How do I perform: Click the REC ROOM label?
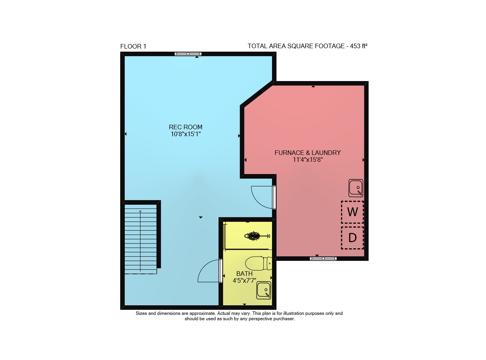[x=185, y=127]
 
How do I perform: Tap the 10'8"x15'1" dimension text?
[x=186, y=134]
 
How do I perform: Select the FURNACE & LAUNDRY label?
[x=308, y=153]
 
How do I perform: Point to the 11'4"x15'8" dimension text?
[x=308, y=160]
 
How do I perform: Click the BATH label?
[x=244, y=274]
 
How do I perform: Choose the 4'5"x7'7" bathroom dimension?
[x=244, y=280]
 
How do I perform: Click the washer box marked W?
[x=352, y=212]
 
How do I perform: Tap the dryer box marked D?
[x=352, y=238]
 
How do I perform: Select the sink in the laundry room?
[x=356, y=188]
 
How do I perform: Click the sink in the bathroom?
[x=264, y=290]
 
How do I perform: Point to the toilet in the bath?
[x=259, y=263]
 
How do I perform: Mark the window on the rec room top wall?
[x=188, y=54]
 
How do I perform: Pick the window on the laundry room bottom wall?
[x=323, y=259]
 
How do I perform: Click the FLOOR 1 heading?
[x=133, y=46]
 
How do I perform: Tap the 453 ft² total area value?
[x=359, y=46]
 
